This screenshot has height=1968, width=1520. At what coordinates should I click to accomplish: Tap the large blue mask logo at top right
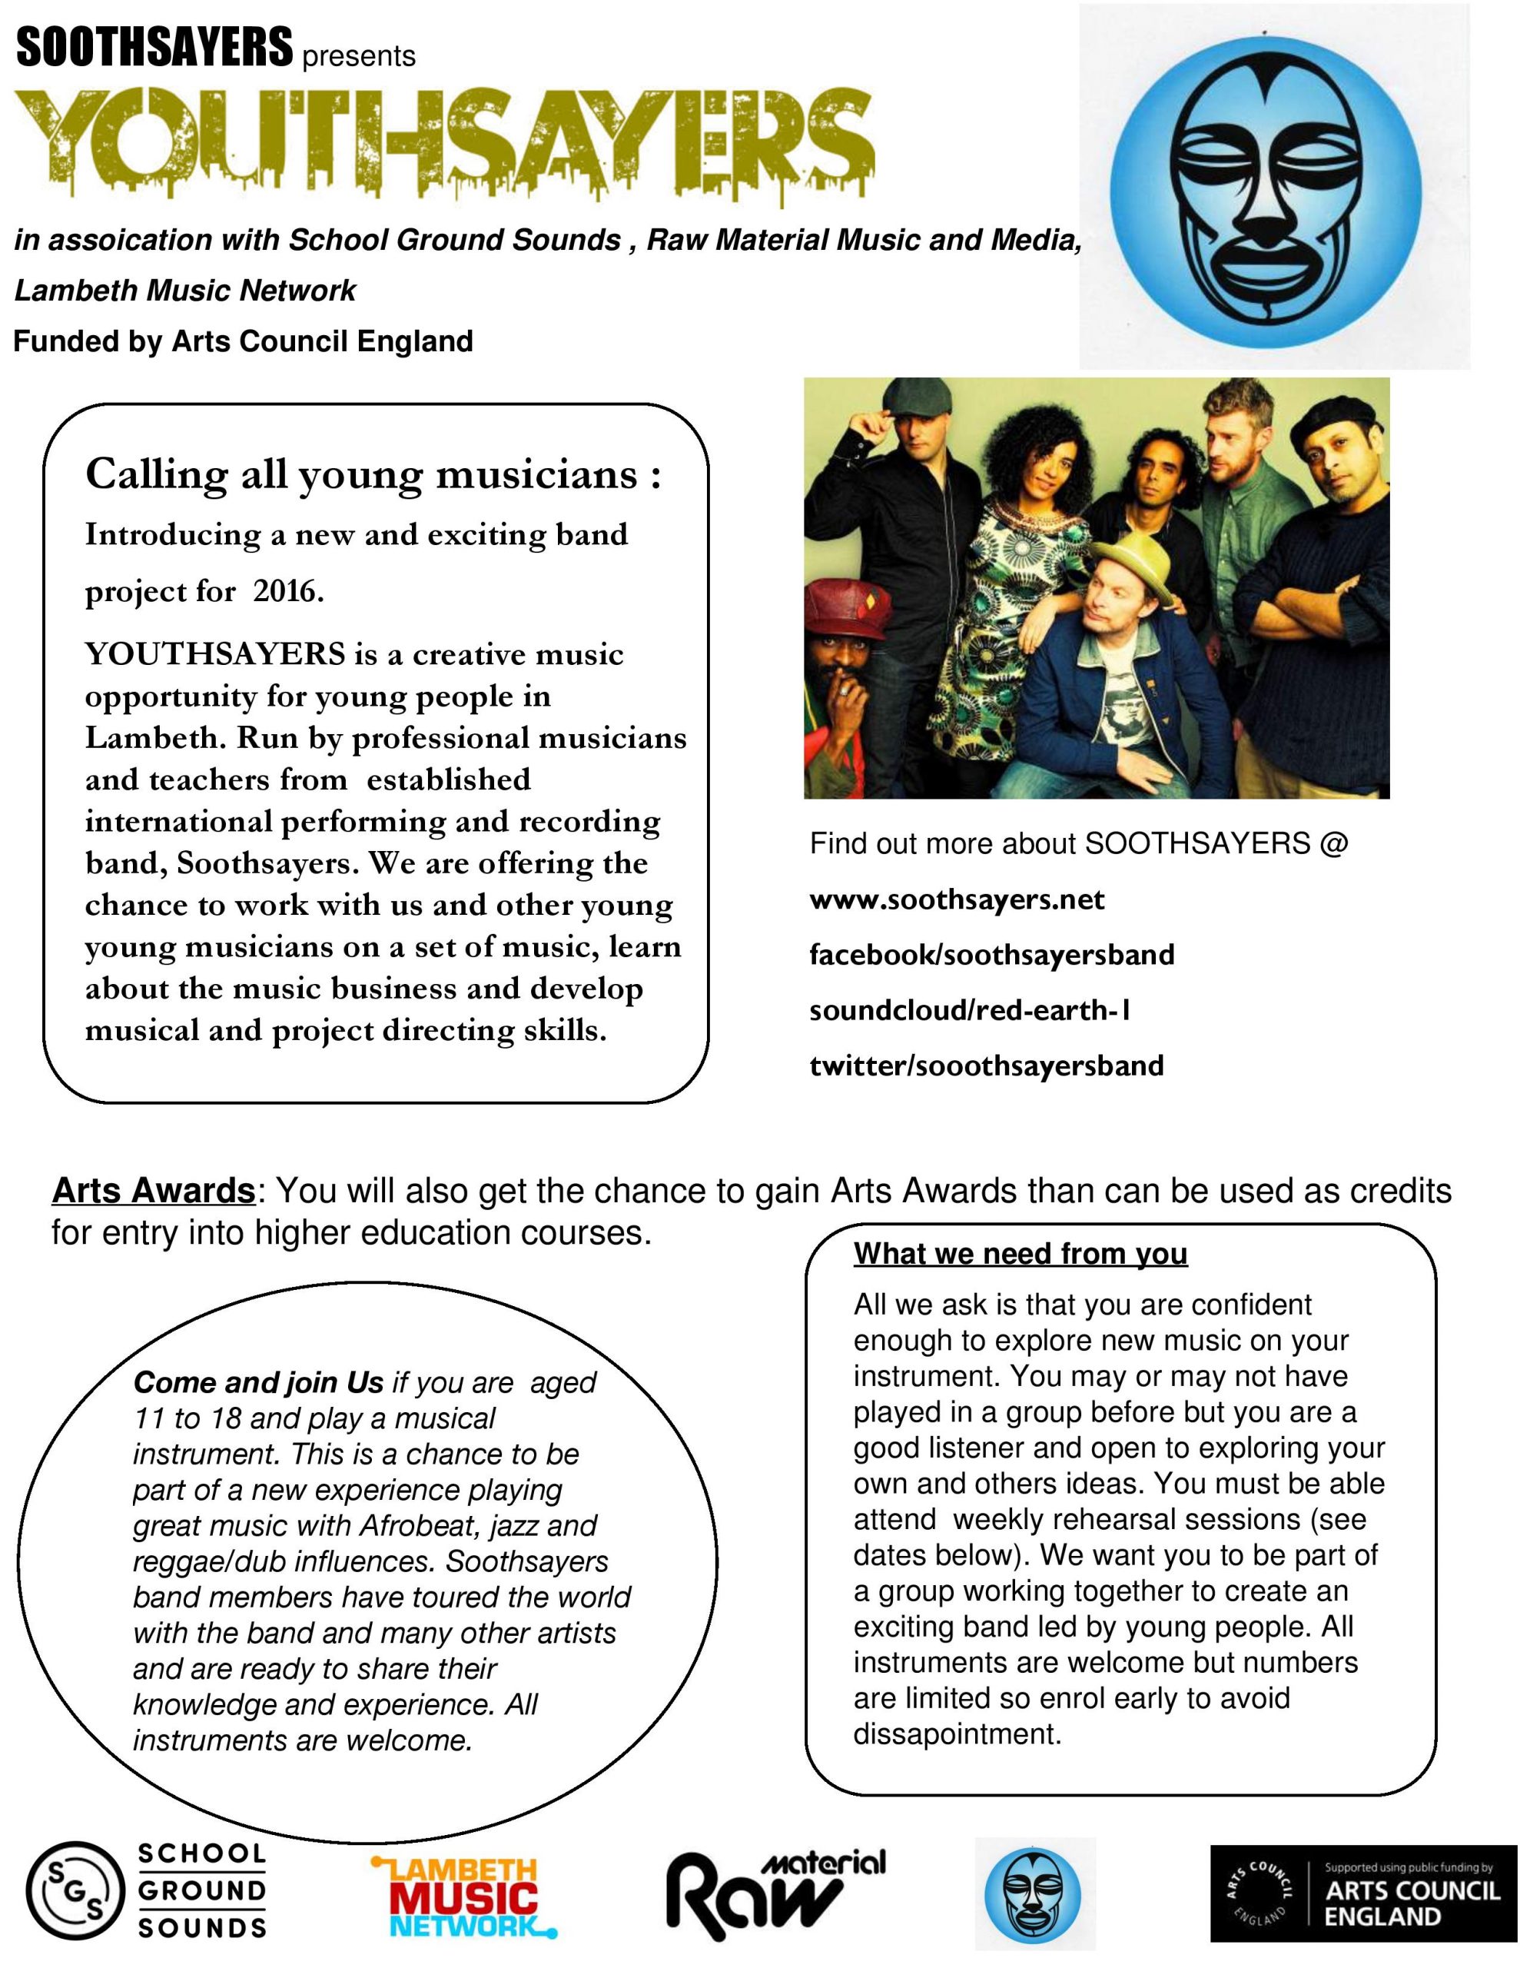click(x=1275, y=185)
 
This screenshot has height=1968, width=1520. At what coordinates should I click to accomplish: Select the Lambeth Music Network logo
click(x=464, y=1896)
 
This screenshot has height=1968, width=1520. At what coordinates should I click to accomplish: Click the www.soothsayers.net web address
click(x=957, y=899)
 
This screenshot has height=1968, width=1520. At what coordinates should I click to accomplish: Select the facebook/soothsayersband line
click(x=992, y=954)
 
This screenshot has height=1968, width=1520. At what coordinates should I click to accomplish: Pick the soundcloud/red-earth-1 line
click(x=970, y=1010)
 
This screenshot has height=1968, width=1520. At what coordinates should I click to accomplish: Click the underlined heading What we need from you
click(x=1020, y=1253)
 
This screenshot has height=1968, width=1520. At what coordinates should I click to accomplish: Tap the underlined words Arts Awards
click(x=153, y=1190)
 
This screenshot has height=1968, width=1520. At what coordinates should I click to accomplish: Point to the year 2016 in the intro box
click(x=287, y=591)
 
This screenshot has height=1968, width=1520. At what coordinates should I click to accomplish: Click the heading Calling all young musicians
click(x=373, y=474)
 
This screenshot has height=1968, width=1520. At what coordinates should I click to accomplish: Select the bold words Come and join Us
click(x=259, y=1382)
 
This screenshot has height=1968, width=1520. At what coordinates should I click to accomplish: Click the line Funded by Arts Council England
click(x=244, y=341)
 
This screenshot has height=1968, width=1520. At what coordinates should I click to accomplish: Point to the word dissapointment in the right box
click(x=957, y=1734)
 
